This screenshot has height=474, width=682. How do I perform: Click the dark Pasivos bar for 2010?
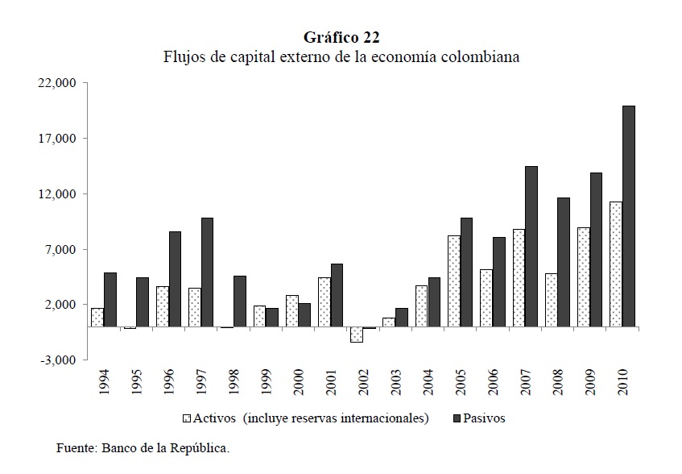(x=629, y=216)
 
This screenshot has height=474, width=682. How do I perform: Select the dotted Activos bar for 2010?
(x=616, y=264)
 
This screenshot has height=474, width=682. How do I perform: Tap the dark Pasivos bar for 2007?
(x=531, y=246)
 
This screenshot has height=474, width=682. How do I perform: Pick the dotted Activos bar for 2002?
(x=356, y=335)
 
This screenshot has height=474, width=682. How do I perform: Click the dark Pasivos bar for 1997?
(x=207, y=272)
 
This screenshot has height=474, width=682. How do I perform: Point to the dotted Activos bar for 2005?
(x=453, y=281)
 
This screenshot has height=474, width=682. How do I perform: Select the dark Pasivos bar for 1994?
(x=110, y=299)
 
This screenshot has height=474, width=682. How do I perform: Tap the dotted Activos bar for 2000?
(x=291, y=310)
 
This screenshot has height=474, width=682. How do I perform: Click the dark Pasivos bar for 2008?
(x=564, y=262)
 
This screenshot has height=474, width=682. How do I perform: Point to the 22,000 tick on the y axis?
(x=57, y=83)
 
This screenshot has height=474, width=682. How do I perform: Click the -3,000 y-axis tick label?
(x=57, y=360)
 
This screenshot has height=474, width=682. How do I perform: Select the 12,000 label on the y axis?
(x=57, y=194)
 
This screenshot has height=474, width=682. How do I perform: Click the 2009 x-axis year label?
(x=589, y=384)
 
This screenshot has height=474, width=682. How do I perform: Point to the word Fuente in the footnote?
(x=74, y=448)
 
